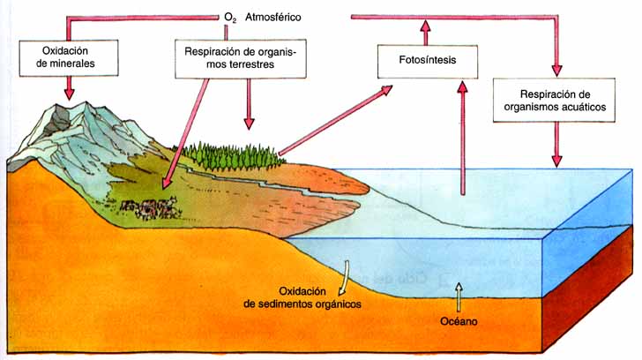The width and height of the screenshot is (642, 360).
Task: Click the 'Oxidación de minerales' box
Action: click(x=69, y=57)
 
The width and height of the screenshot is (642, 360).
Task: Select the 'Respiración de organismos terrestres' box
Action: click(x=241, y=58)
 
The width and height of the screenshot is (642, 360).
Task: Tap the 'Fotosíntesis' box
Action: click(x=428, y=62)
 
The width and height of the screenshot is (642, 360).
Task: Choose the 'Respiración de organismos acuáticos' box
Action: click(x=554, y=100)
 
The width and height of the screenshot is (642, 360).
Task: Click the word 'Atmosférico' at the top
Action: click(x=273, y=17)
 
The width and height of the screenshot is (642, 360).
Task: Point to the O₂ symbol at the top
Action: click(x=230, y=18)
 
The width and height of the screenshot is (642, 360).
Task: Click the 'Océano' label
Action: click(x=459, y=321)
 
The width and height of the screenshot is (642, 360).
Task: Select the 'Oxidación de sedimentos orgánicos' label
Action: click(x=302, y=297)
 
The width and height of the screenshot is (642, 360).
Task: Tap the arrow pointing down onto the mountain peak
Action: click(x=69, y=87)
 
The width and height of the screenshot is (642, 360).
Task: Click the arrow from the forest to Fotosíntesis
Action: click(x=335, y=120)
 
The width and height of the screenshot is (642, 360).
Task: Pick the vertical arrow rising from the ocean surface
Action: click(x=463, y=138)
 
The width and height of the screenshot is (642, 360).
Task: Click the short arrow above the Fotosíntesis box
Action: click(x=426, y=33)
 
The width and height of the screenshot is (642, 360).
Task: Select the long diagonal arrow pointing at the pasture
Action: click(x=185, y=133)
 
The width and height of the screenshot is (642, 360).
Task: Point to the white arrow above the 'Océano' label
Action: click(x=459, y=297)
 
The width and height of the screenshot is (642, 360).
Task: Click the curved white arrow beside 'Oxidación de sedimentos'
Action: click(x=344, y=278)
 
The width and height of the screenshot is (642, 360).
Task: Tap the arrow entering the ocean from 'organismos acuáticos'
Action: click(x=556, y=145)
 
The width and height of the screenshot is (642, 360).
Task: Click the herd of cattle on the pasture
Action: click(x=150, y=207)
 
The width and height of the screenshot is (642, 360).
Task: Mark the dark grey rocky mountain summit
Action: click(x=56, y=120)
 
